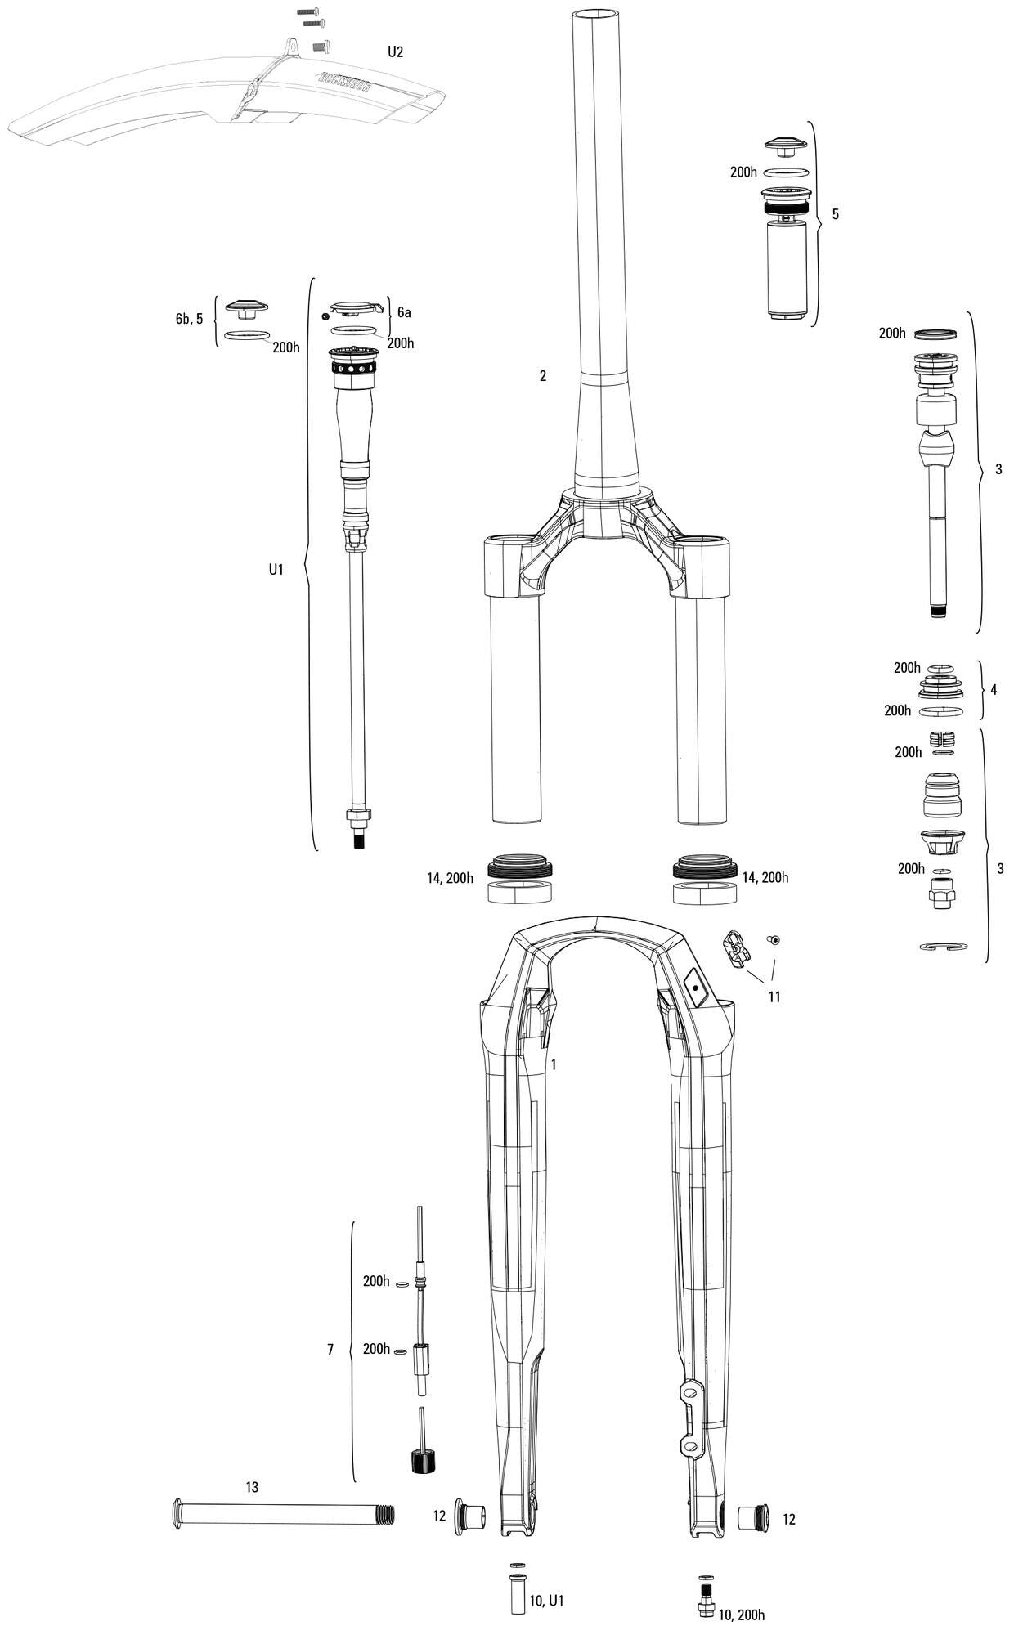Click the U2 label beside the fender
395,52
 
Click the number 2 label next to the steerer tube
542,376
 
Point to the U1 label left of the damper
276,569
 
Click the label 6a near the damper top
404,312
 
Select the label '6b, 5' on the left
189,319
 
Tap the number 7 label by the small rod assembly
330,1349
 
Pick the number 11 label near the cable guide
774,997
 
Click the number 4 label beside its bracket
994,689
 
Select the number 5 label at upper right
835,214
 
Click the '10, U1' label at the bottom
547,1600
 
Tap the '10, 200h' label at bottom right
741,1614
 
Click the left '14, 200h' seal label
450,878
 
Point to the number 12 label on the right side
788,1519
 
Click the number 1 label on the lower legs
554,1064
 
